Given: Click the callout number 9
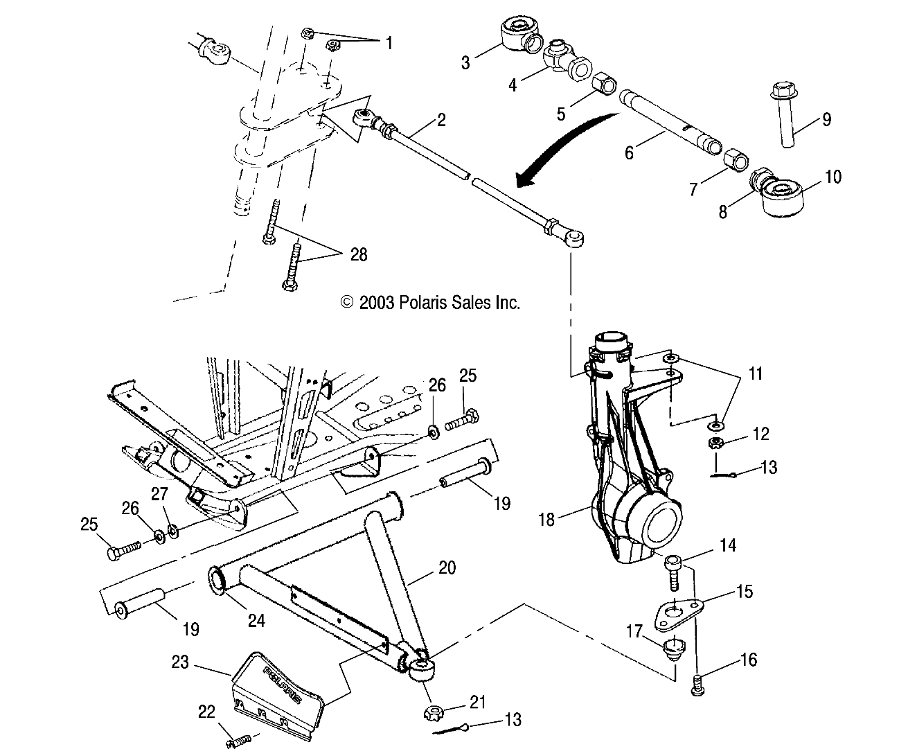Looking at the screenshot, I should [826, 119].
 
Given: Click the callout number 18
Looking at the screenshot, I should [546, 519].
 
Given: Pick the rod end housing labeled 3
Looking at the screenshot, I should [519, 33].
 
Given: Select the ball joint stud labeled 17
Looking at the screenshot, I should [673, 649].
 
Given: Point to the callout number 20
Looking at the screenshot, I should [447, 567].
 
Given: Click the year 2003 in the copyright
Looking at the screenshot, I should [377, 302].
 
